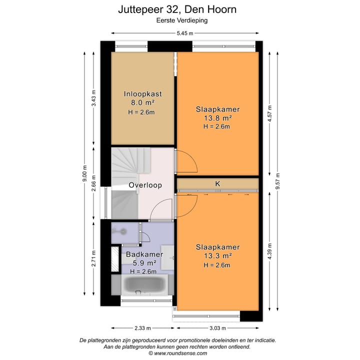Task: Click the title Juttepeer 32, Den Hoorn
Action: point(177,9)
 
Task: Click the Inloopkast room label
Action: point(142,93)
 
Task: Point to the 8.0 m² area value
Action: point(142,103)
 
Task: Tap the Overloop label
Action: point(145,185)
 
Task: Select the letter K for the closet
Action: point(217,184)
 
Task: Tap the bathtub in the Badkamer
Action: point(146,285)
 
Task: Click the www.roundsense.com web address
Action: point(180,353)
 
